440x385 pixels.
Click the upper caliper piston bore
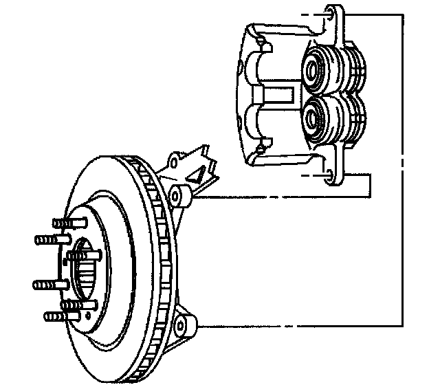[x=316, y=68]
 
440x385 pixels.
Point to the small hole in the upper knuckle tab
[x=173, y=162]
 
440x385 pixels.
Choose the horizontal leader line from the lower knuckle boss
[x=296, y=328]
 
